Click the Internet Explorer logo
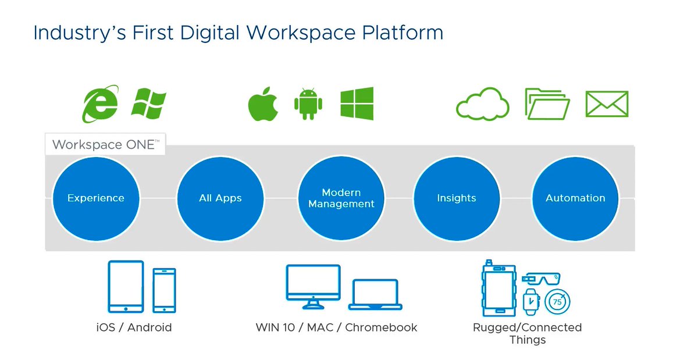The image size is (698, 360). pos(100,104)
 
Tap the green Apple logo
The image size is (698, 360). pos(263,105)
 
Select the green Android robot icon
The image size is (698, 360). pos(308,104)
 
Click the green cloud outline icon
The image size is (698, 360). pos(482,105)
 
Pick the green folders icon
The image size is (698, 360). pos(547,105)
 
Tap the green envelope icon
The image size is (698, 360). pos(607,105)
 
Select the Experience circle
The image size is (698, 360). pos(96,198)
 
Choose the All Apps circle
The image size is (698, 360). pos(220,198)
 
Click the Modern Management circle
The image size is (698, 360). pos(341,198)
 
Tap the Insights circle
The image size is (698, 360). pos(457,198)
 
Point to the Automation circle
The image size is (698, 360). pos(575,198)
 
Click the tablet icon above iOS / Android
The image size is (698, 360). pos(126,287)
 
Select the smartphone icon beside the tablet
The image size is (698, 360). pos(164,290)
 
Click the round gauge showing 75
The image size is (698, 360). pos(557,302)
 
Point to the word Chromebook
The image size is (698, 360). pos(381,327)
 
